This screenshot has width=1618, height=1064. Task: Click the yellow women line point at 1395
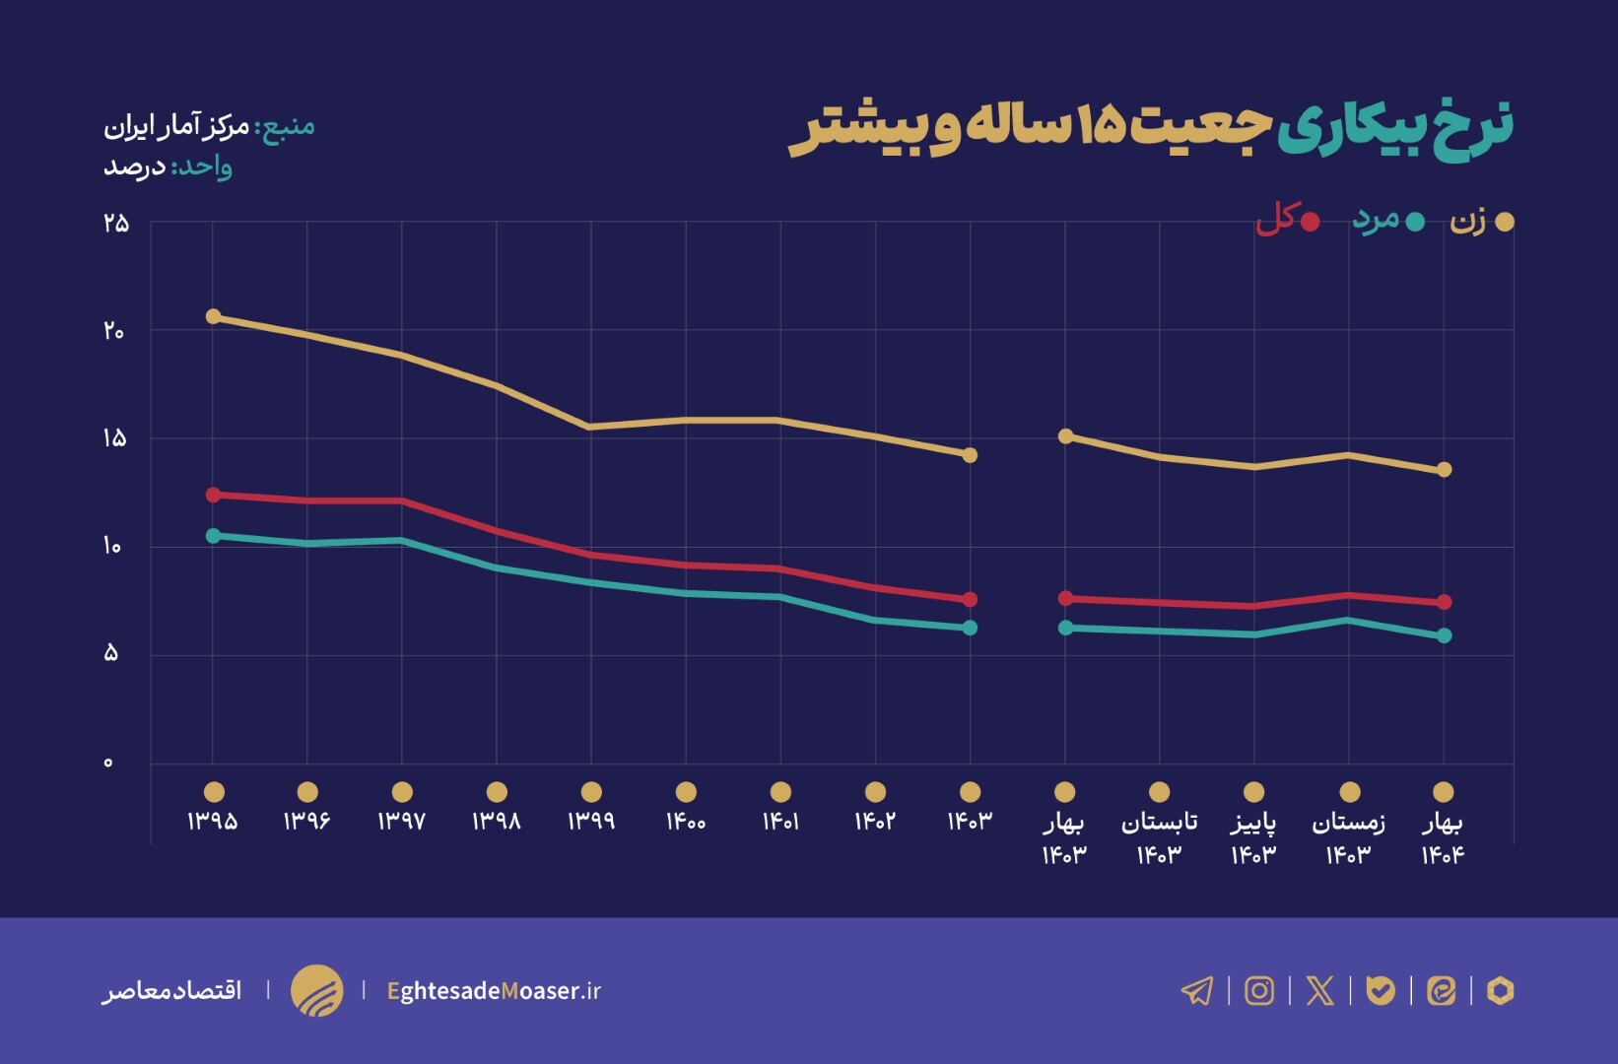[x=213, y=316]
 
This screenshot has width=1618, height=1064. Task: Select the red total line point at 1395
[x=213, y=495]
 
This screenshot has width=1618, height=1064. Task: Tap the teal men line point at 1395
[x=213, y=535]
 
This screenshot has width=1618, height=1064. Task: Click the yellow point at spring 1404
[x=1444, y=470]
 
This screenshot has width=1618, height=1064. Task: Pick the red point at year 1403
[x=970, y=599]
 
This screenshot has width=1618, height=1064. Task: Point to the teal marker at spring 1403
[x=1065, y=628]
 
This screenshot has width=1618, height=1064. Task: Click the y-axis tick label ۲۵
[x=115, y=223]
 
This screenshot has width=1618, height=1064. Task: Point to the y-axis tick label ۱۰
[x=112, y=546]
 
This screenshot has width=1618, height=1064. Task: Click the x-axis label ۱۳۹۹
[x=591, y=821]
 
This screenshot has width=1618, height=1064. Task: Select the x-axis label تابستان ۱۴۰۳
[x=1159, y=837]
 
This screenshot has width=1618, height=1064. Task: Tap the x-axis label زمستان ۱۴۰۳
[x=1348, y=837]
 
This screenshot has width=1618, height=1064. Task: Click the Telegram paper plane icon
[x=1197, y=990]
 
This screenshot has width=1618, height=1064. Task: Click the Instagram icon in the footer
[x=1259, y=990]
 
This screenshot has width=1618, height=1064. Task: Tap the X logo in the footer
[x=1319, y=990]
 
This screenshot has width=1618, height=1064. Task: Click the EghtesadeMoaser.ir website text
[x=494, y=990]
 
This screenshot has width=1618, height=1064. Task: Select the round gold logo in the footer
[x=316, y=990]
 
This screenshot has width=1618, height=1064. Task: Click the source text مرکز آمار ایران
[x=177, y=126]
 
